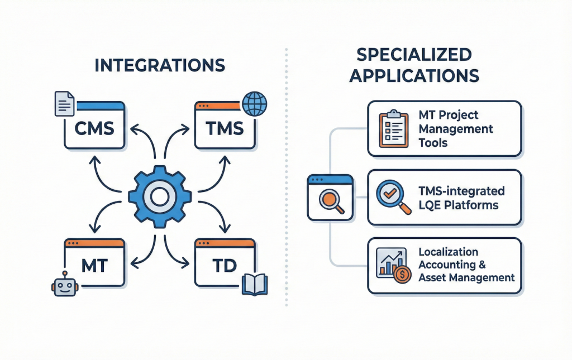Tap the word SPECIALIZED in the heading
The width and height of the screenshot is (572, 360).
(414, 55)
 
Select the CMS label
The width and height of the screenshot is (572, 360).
(94, 129)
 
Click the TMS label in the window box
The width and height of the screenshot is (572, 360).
(224, 129)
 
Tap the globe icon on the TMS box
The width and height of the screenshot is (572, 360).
(255, 104)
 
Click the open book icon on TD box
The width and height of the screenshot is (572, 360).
(255, 285)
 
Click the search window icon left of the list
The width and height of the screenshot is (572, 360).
(330, 197)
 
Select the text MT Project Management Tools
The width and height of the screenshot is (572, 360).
(455, 129)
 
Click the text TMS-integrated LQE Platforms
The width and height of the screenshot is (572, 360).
(461, 198)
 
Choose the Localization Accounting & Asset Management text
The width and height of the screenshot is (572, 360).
(466, 265)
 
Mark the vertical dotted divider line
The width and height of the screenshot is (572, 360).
(287, 179)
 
